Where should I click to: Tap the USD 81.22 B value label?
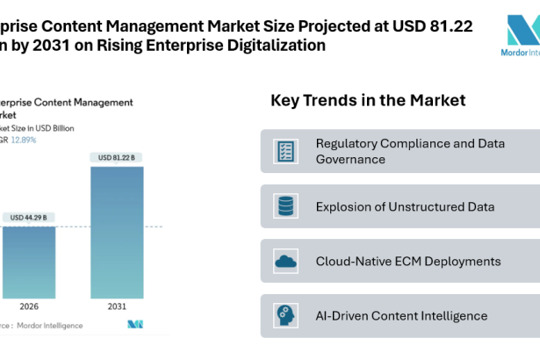click(117, 157)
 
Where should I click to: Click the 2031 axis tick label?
click(117, 308)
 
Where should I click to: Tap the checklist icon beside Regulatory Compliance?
click(284, 151)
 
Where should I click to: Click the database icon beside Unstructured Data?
click(284, 206)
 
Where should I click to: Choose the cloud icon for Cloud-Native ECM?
click(284, 261)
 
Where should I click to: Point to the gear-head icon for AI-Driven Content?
click(284, 315)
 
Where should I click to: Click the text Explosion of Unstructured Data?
click(405, 207)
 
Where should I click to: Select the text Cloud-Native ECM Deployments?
click(408, 261)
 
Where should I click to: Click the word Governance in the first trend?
click(351, 160)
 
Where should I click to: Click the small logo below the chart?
click(135, 325)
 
